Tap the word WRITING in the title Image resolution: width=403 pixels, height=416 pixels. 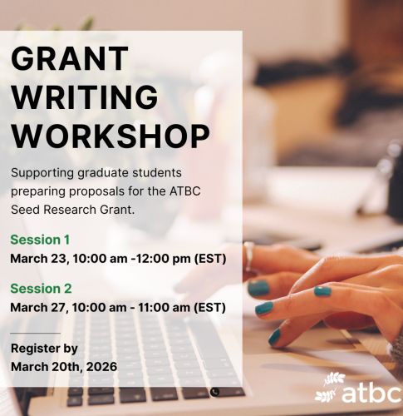pyautogui.click(x=84, y=97)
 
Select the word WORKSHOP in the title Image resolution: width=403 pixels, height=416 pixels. pyautogui.click(x=110, y=134)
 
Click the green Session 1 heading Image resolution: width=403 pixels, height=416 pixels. pyautogui.click(x=40, y=240)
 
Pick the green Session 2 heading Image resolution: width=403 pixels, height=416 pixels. pyautogui.click(x=41, y=290)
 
